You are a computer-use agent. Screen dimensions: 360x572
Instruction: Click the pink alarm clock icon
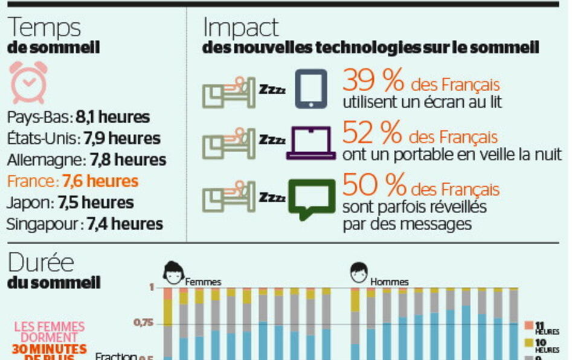[29, 82]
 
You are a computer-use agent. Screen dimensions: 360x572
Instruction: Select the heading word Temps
[45, 28]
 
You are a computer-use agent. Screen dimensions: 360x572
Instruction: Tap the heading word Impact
[241, 28]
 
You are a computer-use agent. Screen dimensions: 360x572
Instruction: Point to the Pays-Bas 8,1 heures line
[79, 117]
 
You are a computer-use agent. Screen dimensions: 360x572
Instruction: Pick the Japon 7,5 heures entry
[71, 202]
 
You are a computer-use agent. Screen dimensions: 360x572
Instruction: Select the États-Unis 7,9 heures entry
[85, 138]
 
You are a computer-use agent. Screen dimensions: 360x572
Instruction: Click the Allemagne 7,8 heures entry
[86, 160]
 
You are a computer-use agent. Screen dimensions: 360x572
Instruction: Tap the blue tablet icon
[311, 88]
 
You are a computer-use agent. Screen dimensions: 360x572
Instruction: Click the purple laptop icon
[311, 143]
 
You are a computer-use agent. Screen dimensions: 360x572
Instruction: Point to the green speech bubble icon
[312, 198]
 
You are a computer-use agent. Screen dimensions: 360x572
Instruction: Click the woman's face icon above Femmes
[174, 272]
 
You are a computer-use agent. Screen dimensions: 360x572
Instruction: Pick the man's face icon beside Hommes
[359, 272]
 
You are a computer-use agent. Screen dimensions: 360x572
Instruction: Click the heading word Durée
[41, 263]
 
